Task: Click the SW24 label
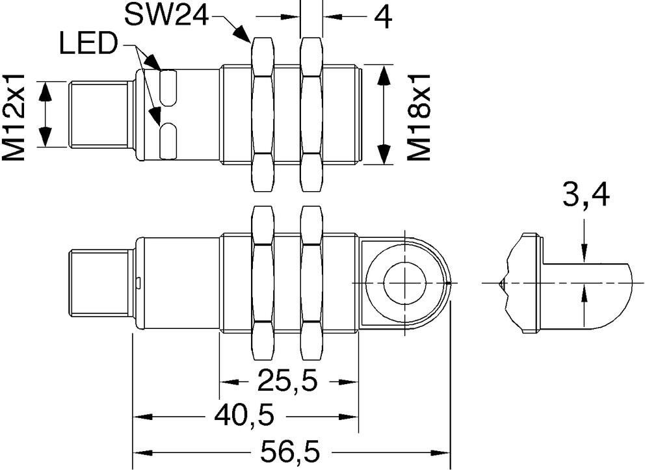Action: (x=166, y=15)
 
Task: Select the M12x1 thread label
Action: (x=14, y=117)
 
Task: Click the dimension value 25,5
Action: (x=288, y=381)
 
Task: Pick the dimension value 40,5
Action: (x=244, y=416)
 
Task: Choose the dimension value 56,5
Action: (x=291, y=452)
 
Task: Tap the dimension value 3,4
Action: (x=585, y=196)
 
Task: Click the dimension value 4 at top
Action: (x=382, y=17)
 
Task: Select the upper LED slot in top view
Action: (x=168, y=88)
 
